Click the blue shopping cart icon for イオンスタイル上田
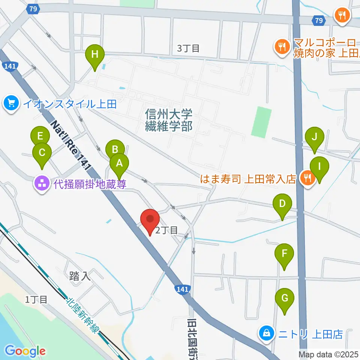pos(12,103)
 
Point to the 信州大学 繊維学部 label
pos(169,120)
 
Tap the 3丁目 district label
pos(188,48)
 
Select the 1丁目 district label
pos(36,299)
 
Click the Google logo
pos(25,351)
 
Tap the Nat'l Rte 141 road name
pos(71,145)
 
